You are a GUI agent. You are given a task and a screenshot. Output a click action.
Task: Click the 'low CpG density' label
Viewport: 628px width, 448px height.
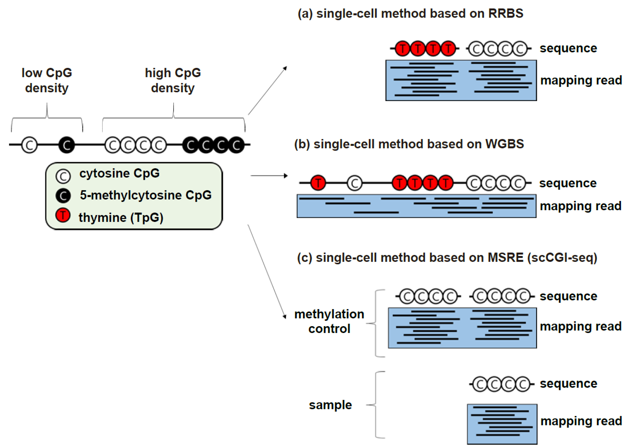point(47,80)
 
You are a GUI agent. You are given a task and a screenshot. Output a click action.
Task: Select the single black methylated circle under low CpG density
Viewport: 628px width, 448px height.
point(66,145)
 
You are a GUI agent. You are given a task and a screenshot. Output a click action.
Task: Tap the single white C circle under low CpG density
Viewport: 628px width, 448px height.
point(30,145)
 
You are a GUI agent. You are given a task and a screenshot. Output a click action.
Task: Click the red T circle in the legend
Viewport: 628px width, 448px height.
point(63,215)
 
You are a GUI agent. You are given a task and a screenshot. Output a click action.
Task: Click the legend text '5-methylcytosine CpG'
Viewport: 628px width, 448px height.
point(146,195)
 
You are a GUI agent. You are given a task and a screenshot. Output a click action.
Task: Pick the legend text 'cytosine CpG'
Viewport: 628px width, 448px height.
point(119,173)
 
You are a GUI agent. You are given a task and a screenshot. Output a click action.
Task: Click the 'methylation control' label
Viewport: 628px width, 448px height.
point(329,321)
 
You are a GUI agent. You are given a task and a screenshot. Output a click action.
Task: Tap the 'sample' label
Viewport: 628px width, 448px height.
point(330,405)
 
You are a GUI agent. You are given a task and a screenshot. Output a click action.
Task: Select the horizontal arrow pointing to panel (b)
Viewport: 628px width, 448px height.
point(269,175)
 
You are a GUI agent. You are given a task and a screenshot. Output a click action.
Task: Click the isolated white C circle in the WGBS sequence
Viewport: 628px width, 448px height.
point(355,183)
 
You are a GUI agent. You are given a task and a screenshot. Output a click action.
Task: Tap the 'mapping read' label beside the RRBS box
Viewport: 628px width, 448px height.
point(581,80)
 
